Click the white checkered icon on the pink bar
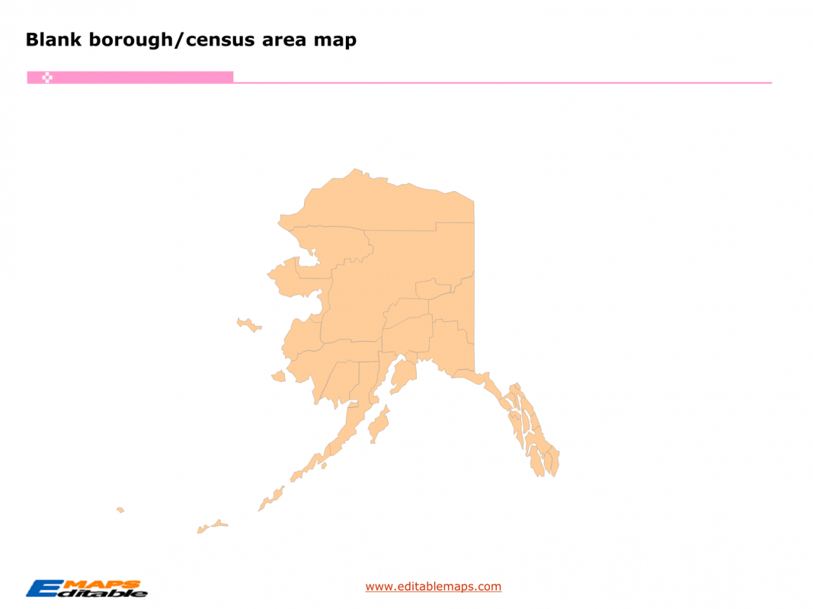click(x=46, y=78)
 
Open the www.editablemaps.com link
click(x=433, y=586)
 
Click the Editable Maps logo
click(x=87, y=588)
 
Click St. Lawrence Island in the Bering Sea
click(x=248, y=325)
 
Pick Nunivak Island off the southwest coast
click(x=278, y=376)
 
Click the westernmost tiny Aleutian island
click(x=120, y=509)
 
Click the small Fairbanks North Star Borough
click(x=432, y=289)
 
